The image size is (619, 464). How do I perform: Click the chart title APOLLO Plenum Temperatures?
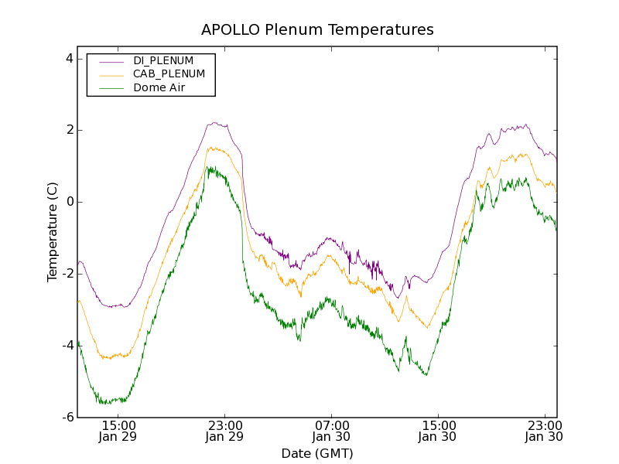[x=317, y=30]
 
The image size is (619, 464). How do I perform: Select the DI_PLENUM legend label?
[x=163, y=60]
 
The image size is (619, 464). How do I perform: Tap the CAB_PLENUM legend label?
[x=169, y=74]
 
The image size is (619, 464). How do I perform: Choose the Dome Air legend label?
[x=159, y=88]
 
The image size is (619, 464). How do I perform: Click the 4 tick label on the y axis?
[x=69, y=58]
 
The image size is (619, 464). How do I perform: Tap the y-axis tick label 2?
[x=69, y=130]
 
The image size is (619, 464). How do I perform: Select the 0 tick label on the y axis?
[x=69, y=202]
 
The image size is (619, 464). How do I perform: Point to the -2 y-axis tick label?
[x=67, y=274]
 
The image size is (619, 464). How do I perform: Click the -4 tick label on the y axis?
[x=67, y=346]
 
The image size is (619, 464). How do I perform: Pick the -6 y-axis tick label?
[x=67, y=418]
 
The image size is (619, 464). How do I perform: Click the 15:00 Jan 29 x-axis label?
[x=118, y=431]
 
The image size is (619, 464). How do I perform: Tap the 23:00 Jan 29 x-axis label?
[x=225, y=431]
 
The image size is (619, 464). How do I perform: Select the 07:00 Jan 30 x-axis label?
[x=332, y=431]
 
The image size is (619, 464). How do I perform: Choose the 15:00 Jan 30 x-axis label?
[x=438, y=431]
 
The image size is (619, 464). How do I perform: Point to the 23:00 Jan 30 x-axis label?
[x=544, y=431]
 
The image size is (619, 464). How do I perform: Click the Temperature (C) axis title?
[x=52, y=232]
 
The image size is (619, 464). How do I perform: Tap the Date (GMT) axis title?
[x=317, y=453]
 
